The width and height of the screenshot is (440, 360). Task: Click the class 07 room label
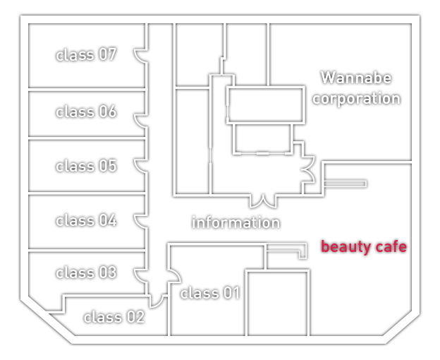click(x=86, y=54)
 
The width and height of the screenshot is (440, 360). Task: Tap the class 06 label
click(x=86, y=112)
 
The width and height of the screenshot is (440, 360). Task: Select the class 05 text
click(x=86, y=166)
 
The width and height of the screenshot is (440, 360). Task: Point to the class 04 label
click(x=86, y=220)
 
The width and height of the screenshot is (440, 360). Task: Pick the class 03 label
click(x=86, y=272)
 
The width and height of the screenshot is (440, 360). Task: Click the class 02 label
click(x=114, y=318)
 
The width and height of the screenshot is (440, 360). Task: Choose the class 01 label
click(x=210, y=293)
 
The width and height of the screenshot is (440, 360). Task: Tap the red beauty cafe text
click(x=364, y=247)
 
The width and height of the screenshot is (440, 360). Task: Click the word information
click(x=236, y=222)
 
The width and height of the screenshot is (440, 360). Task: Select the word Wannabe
click(x=356, y=78)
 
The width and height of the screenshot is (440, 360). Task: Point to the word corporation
click(x=356, y=99)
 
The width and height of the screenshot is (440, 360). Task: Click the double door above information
click(x=263, y=203)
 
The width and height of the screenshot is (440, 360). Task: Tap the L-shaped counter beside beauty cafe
click(x=302, y=251)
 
